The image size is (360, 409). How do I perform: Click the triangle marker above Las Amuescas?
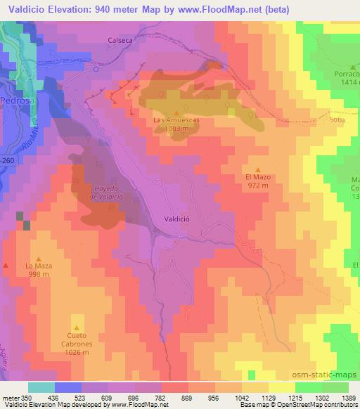point(176,112)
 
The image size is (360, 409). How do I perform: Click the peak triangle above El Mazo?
point(258,169)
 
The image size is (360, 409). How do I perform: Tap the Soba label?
point(337,120)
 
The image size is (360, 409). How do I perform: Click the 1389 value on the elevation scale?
point(349,397)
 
